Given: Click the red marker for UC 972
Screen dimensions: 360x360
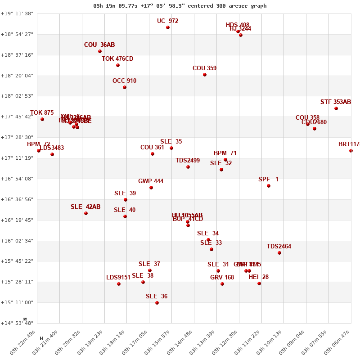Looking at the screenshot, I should tap(168, 27).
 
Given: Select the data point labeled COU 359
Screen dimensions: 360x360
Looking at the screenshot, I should tap(205, 75).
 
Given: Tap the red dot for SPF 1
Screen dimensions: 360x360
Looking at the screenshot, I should tap(269, 186).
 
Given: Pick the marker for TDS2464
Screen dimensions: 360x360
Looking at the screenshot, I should tap(279, 253).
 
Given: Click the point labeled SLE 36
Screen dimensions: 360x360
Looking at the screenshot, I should tap(157, 303).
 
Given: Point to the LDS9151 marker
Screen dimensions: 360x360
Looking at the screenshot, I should tap(119, 284).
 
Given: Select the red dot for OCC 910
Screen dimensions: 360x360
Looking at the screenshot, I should tap(125, 87).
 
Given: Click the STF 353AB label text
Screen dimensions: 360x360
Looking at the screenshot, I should tap(336, 102).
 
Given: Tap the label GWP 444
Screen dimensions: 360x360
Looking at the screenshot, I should tap(151, 181).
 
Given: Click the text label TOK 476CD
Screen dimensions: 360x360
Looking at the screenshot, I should tap(117, 59).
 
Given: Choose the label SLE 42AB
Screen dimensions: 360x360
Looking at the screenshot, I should tap(85, 207).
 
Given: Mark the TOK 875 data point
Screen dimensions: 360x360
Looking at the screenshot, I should tap(42, 119).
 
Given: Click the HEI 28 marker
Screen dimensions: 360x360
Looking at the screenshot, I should tap(259, 283).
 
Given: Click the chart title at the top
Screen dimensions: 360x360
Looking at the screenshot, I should tap(180, 6).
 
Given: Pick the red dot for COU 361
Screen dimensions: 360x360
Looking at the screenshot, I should tap(153, 154).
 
